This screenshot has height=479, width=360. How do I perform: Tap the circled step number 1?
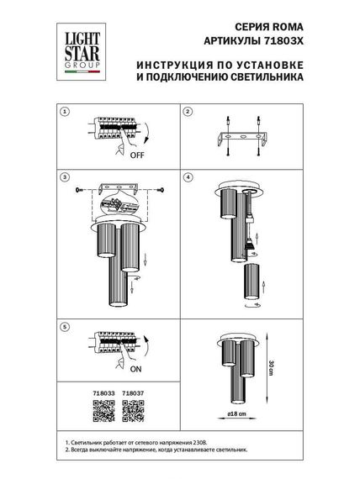(68, 112)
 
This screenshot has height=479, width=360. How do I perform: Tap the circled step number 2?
(189, 112)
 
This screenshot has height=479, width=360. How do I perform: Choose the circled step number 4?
(189, 179)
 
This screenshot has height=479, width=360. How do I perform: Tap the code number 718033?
(103, 391)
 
